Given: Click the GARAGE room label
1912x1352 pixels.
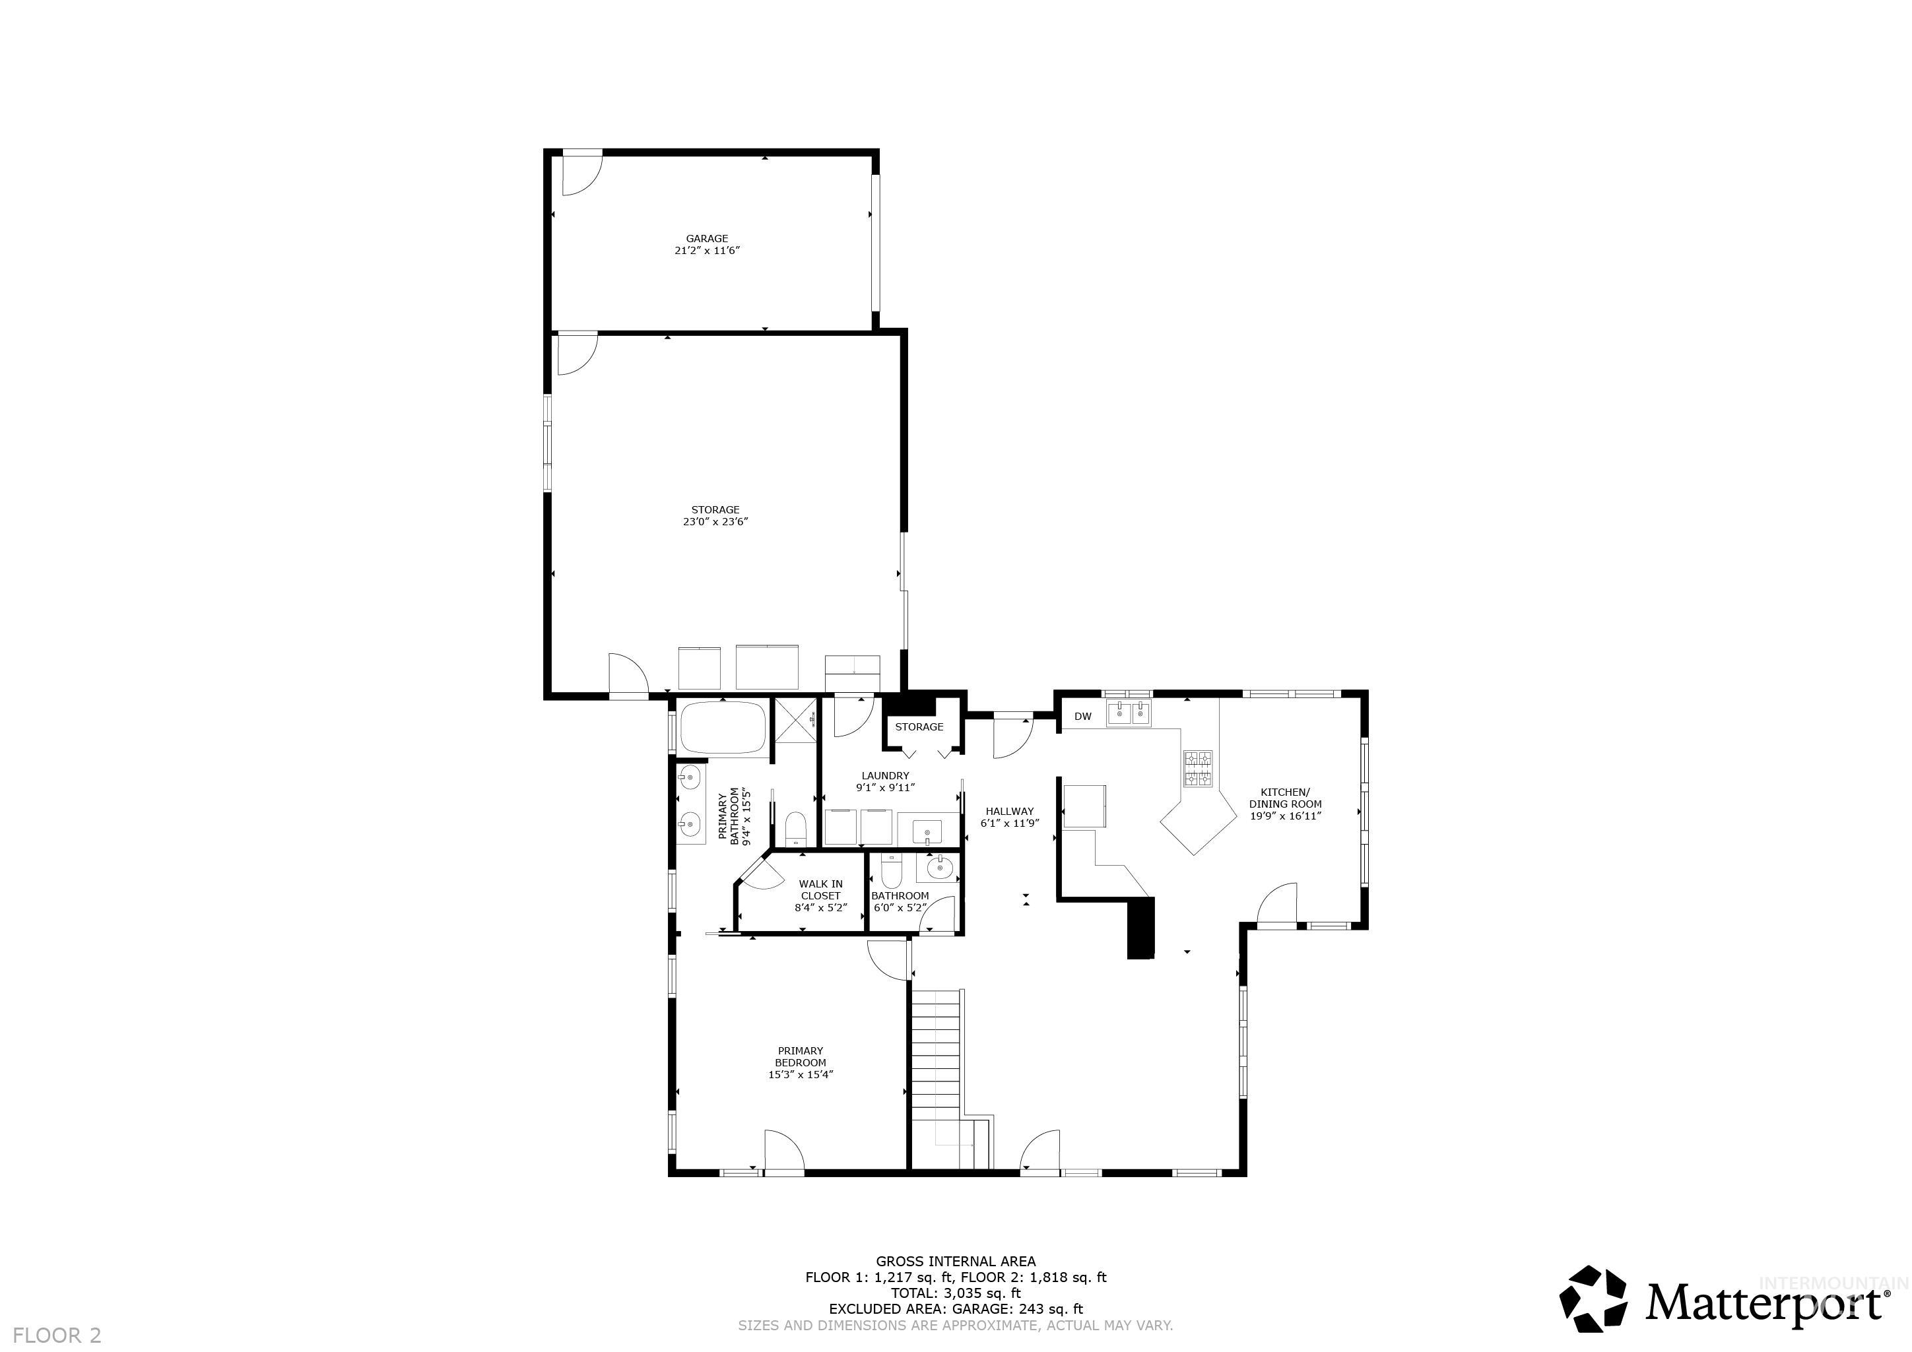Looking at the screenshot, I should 707,239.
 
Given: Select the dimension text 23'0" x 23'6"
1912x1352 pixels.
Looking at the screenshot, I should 715,522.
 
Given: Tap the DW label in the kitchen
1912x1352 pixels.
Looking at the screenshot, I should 1082,717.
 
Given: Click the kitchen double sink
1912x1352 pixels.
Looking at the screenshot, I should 1129,713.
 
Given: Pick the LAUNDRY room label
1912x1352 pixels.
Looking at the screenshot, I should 885,776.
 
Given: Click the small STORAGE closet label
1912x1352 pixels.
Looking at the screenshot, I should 919,726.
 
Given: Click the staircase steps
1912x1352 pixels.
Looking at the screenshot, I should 937,1057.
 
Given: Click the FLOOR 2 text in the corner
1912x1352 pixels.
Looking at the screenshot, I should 57,1336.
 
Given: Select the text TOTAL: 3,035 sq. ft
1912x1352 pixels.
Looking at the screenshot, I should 955,1293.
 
